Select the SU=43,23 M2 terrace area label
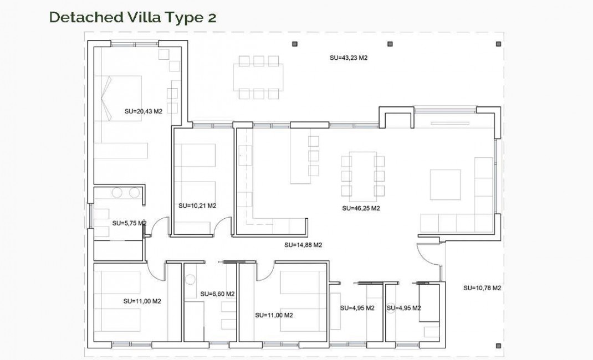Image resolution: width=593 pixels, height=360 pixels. [x=349, y=57]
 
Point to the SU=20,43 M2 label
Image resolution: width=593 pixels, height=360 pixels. [x=144, y=111]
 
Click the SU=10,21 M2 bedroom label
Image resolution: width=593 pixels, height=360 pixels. [x=197, y=205]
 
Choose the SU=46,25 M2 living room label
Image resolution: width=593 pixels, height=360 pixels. [x=361, y=208]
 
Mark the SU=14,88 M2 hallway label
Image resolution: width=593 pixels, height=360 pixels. [x=303, y=245]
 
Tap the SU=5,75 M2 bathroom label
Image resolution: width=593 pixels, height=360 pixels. [x=129, y=223]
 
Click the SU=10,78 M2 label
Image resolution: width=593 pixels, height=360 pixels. [x=482, y=287]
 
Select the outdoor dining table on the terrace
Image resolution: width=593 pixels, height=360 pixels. [x=259, y=76]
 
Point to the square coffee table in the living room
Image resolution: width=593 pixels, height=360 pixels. [x=445, y=184]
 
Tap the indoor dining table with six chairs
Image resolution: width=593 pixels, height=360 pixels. [x=363, y=176]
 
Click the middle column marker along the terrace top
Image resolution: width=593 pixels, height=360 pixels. [x=390, y=44]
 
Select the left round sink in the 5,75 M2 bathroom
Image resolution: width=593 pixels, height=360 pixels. [x=117, y=193]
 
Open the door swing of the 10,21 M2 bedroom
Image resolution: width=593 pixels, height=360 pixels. [x=223, y=227]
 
